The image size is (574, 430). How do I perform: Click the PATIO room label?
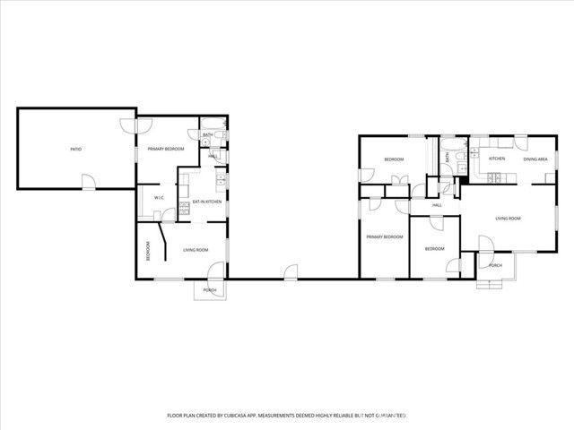(76, 149)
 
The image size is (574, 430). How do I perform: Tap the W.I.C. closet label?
(158, 198)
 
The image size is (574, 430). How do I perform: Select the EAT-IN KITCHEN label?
(207, 202)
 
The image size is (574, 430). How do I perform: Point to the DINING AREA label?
(535, 159)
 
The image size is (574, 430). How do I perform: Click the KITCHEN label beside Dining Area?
(496, 159)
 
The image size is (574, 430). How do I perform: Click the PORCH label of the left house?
(210, 290)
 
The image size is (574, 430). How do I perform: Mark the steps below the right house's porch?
(490, 286)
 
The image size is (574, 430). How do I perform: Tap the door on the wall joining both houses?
(290, 272)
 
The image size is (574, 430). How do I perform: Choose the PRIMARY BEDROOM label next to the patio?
(166, 149)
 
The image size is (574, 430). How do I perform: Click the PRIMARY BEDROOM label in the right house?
(384, 236)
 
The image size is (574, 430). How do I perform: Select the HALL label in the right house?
(438, 205)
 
